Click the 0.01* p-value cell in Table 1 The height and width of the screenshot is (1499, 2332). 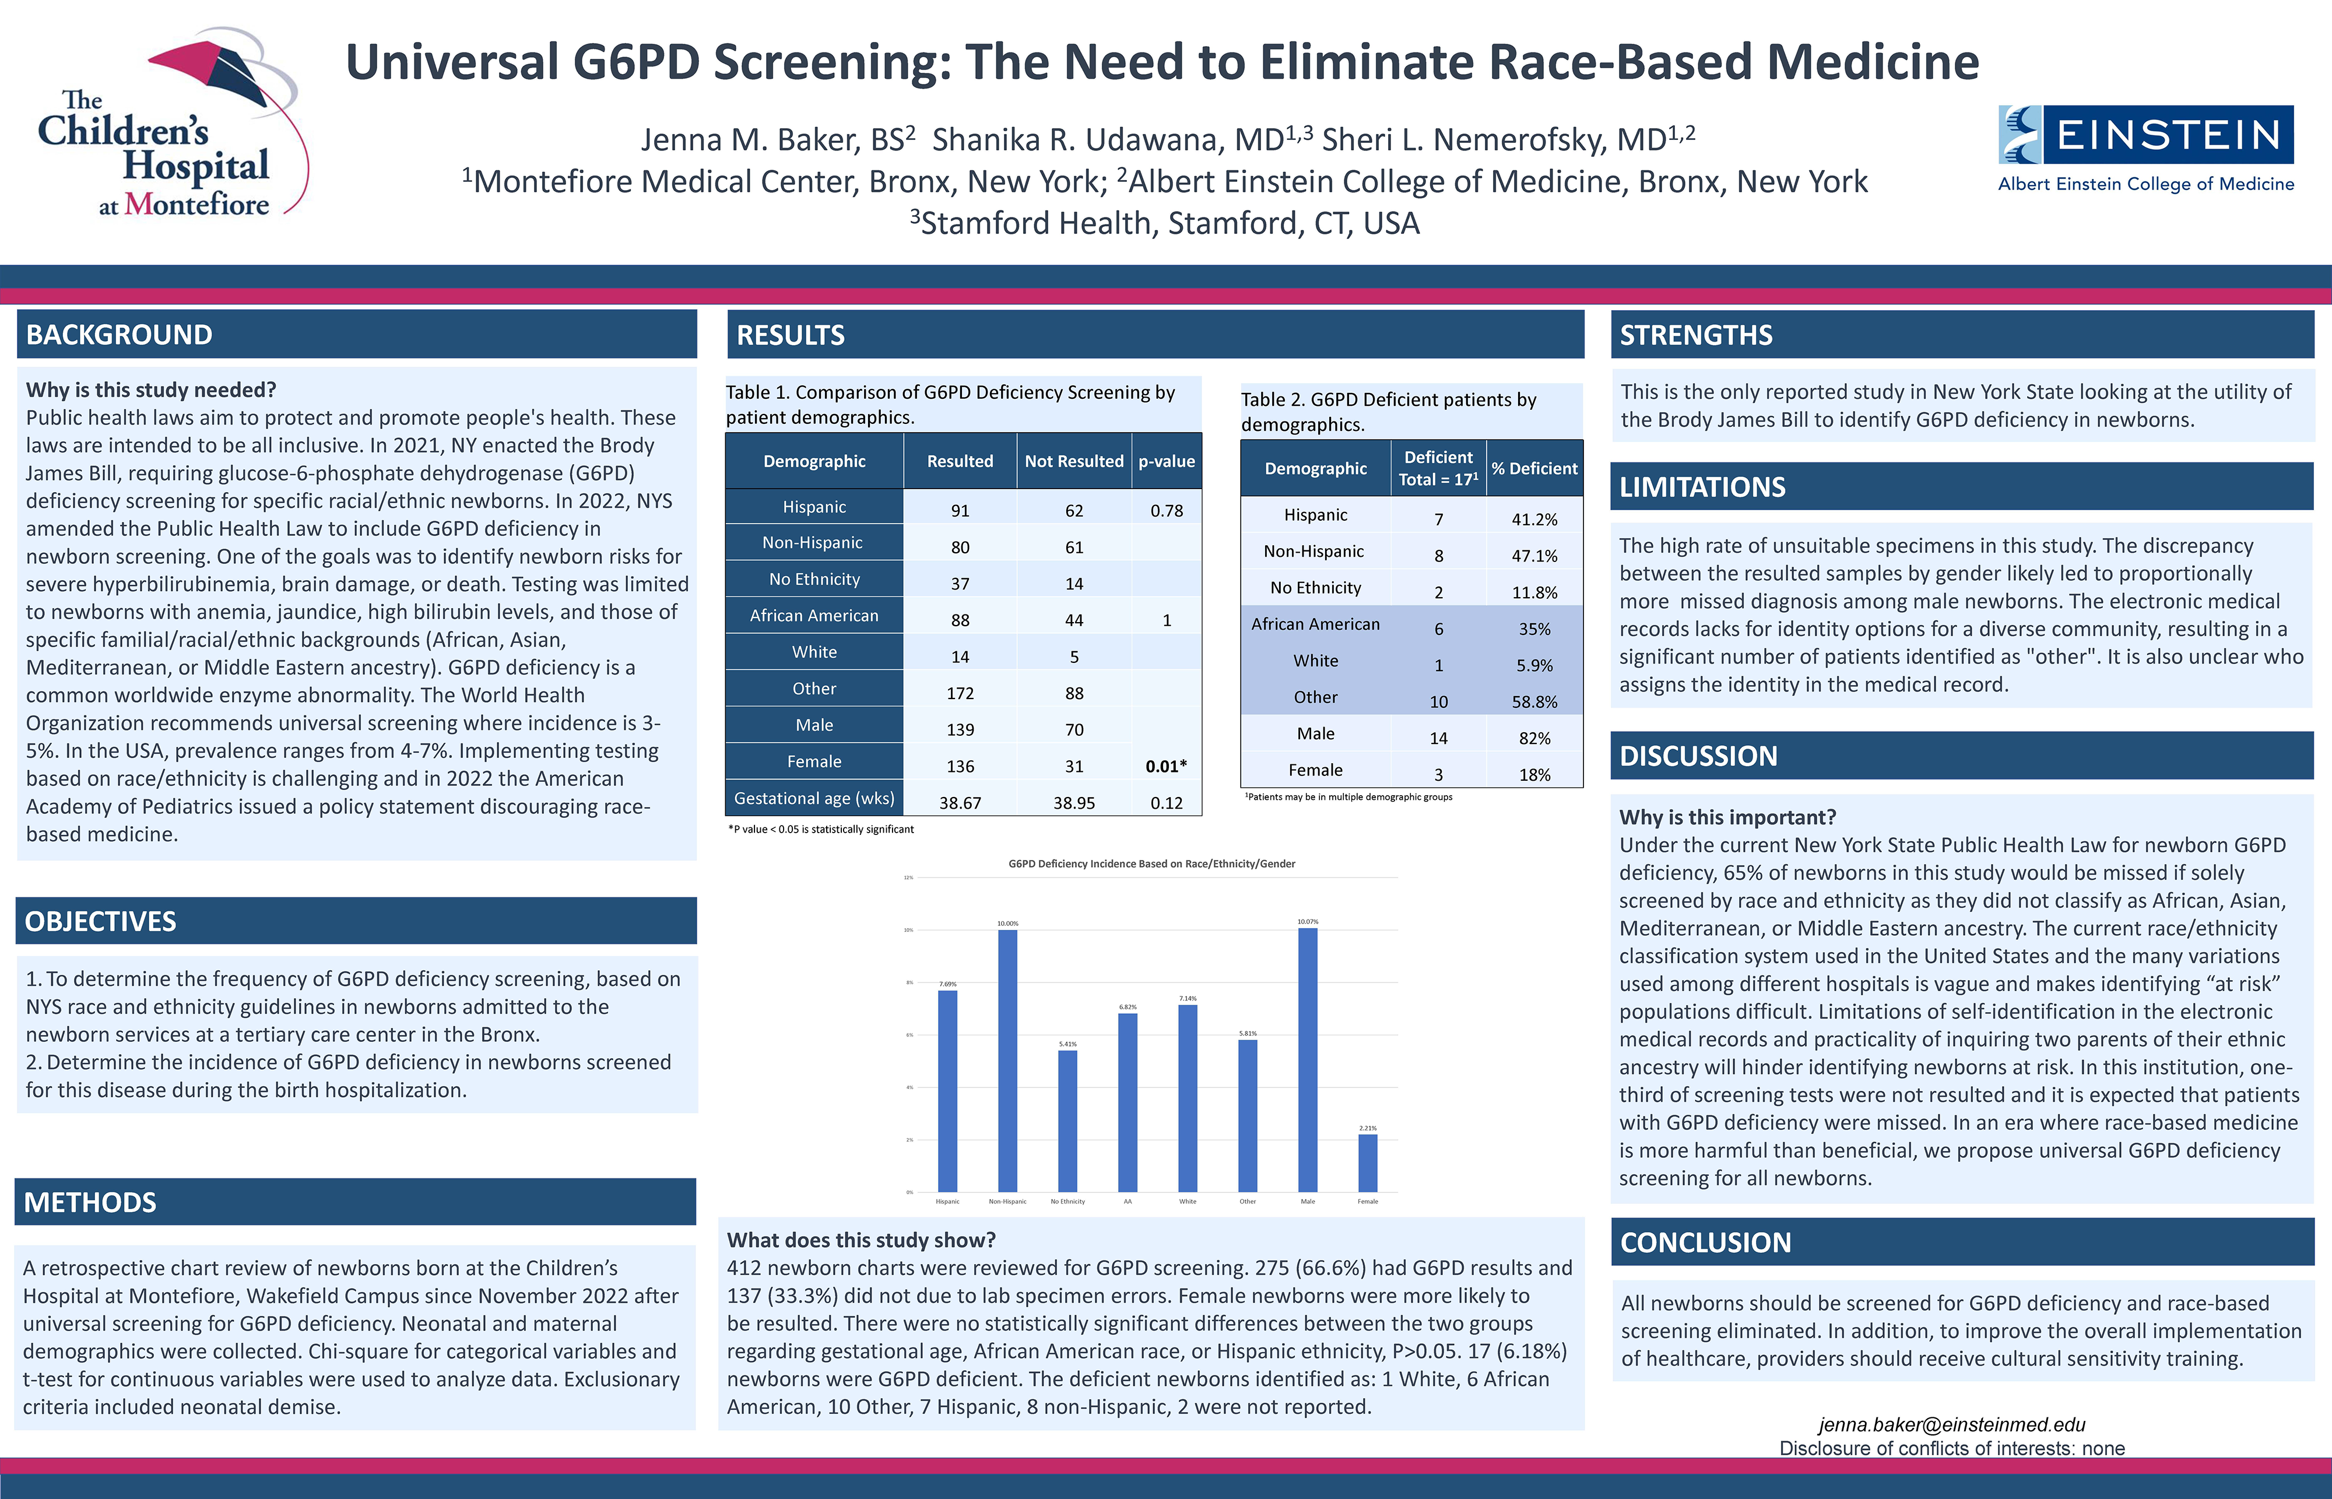click(1166, 766)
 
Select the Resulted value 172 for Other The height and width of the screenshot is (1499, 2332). click(960, 693)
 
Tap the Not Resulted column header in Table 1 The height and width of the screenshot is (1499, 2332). click(1073, 461)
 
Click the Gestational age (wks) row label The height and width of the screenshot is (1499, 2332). click(814, 798)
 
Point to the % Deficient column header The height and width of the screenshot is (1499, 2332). click(1534, 468)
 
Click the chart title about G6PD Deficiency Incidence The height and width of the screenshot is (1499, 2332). click(1151, 863)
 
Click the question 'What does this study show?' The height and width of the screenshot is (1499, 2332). click(861, 1240)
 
